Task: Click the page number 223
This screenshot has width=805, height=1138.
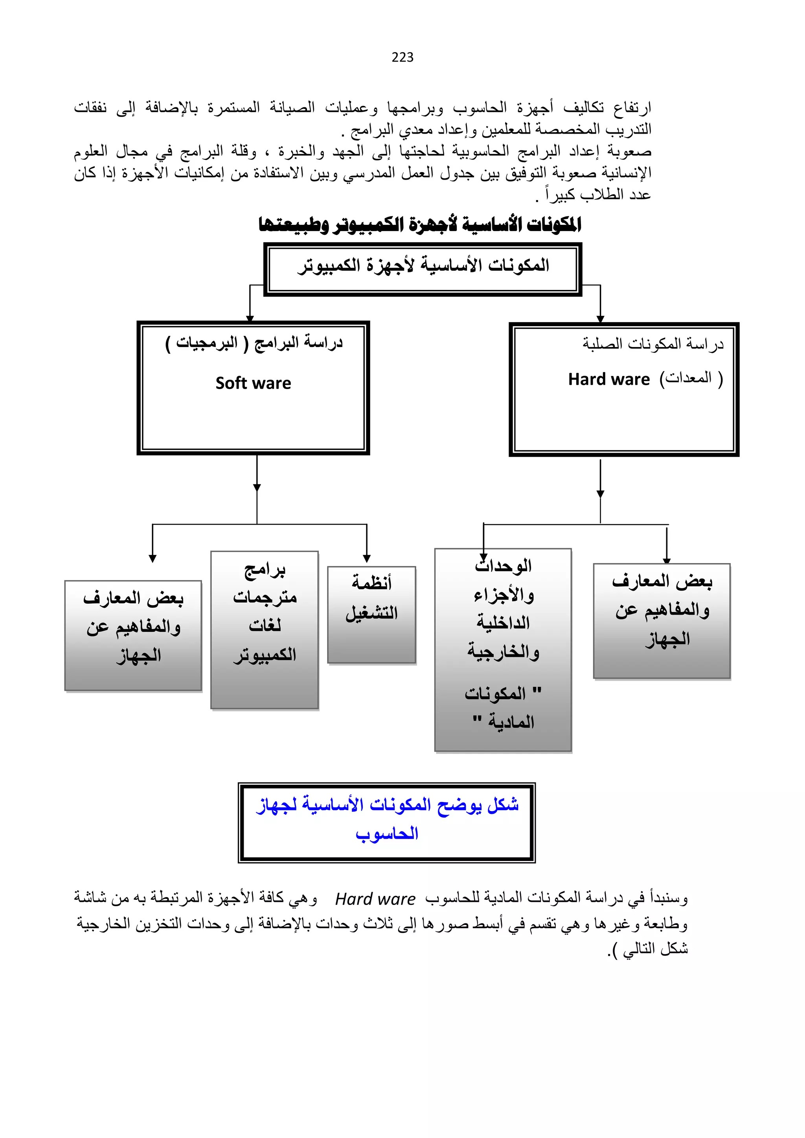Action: (x=402, y=57)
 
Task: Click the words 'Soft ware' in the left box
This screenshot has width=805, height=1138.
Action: (x=253, y=383)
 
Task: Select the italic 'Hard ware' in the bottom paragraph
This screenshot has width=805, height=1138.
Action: (x=375, y=899)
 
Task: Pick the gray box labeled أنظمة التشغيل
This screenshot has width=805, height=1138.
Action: (x=371, y=614)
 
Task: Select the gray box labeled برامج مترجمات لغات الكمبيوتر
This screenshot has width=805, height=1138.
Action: (x=264, y=630)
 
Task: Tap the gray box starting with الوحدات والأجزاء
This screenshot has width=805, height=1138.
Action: (x=503, y=649)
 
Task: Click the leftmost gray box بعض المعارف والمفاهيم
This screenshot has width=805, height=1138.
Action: (x=133, y=635)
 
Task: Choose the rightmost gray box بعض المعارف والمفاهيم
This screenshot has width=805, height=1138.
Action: (x=662, y=620)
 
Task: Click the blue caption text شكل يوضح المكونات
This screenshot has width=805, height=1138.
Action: (x=387, y=804)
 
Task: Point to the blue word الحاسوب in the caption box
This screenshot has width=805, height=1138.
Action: (x=387, y=833)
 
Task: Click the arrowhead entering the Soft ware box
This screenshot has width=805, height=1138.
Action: (x=250, y=318)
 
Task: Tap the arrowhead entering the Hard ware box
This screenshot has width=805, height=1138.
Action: (x=600, y=319)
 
